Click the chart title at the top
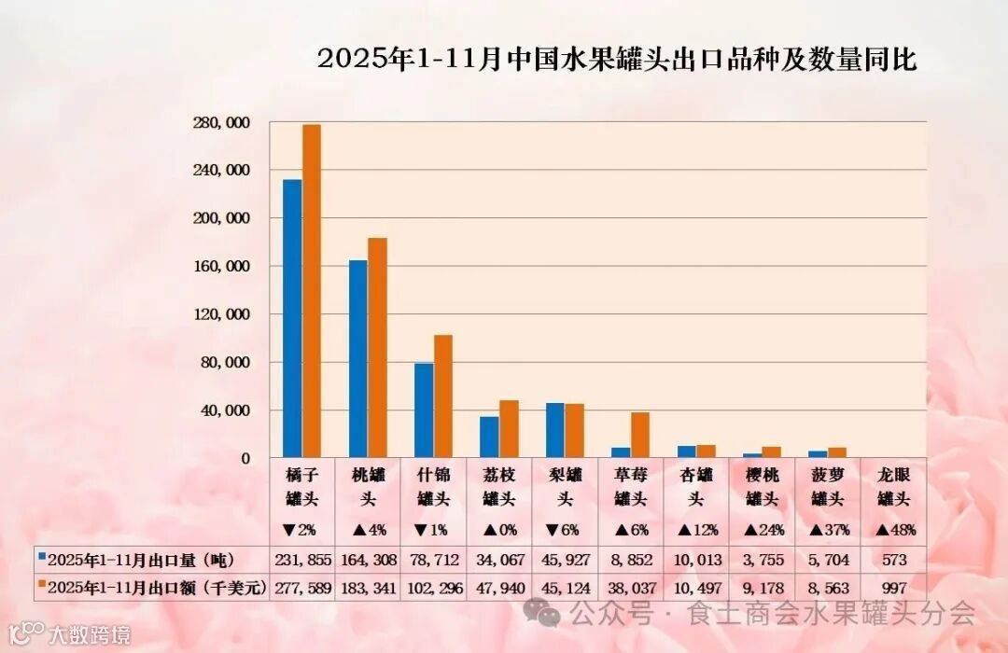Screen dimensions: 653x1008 tap(617, 60)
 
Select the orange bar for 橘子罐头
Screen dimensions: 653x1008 tap(312, 291)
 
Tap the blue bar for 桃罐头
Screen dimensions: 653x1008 tap(357, 359)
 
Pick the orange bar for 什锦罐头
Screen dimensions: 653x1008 tap(442, 396)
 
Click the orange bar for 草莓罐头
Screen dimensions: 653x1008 tap(640, 435)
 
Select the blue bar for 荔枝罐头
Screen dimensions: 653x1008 tap(489, 437)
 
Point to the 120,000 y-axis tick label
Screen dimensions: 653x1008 tap(225, 314)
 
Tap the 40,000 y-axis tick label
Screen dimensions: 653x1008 tap(229, 410)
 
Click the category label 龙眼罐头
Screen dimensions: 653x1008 tap(893, 486)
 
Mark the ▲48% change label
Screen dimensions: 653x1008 tap(893, 530)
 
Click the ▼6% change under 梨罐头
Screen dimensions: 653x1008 tap(565, 530)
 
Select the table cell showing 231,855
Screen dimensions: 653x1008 tap(301, 560)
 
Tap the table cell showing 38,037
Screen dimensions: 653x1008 tap(631, 589)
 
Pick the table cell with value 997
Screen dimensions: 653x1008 tap(893, 589)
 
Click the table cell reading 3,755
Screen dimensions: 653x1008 tap(762, 560)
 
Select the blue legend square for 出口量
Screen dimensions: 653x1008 tap(41, 557)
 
